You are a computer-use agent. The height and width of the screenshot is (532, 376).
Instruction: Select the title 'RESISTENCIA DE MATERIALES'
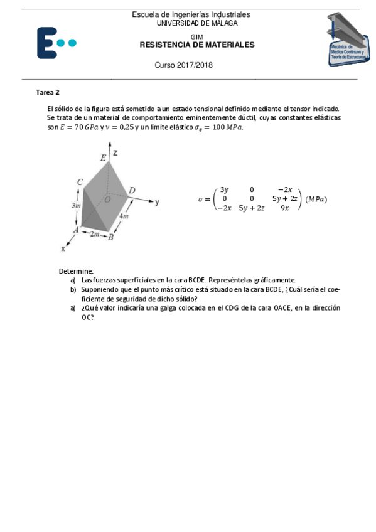[196, 45]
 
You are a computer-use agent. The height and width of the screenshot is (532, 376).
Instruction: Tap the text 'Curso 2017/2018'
[183, 66]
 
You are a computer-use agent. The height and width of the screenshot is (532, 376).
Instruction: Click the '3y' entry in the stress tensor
[223, 190]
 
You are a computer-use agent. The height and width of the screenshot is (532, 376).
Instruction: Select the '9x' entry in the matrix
[284, 208]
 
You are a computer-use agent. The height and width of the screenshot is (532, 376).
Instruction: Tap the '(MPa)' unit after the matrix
[316, 199]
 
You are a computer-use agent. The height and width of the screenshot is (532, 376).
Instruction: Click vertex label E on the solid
[103, 158]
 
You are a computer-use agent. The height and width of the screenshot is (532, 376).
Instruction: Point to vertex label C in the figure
[80, 182]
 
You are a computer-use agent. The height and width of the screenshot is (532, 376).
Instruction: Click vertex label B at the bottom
[110, 237]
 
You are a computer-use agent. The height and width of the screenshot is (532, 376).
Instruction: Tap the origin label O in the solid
[107, 199]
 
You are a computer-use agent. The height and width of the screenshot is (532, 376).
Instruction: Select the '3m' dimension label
[76, 205]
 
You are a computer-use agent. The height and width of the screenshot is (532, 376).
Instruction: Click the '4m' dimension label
[124, 216]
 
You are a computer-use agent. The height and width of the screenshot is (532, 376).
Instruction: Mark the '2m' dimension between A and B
[94, 234]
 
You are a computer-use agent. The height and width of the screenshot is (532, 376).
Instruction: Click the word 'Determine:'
[76, 270]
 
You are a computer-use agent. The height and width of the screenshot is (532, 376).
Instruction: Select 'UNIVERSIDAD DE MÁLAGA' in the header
[196, 23]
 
